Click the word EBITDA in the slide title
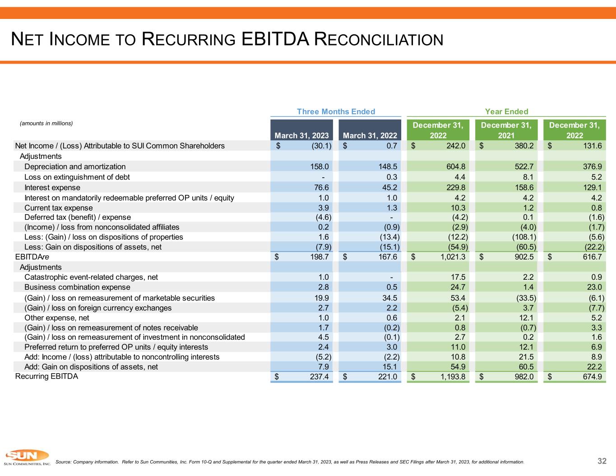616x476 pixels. tap(275, 39)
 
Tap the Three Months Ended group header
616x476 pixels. tap(336, 111)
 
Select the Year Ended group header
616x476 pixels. tap(506, 111)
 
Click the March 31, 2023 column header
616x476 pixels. tap(301, 135)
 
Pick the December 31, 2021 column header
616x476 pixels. tap(506, 130)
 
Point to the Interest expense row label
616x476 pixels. tap(52, 187)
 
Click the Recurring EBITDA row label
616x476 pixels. tap(46, 376)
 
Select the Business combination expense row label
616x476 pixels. tap(77, 287)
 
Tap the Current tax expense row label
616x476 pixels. tap(59, 208)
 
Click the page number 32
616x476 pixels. tap(602, 461)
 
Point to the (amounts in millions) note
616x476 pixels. tap(46, 123)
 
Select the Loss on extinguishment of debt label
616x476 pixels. tap(77, 177)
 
